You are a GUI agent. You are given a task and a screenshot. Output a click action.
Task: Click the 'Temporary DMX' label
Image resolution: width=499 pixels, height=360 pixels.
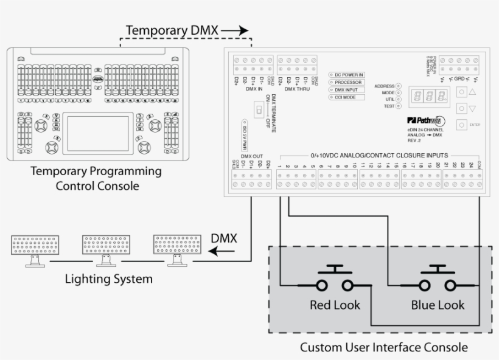172,30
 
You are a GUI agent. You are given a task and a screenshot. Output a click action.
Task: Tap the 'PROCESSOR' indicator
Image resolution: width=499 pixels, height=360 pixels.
347,82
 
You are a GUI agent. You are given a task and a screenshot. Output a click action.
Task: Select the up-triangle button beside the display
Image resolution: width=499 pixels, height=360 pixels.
472,91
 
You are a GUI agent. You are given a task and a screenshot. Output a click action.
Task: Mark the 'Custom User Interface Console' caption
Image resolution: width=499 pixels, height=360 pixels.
384,348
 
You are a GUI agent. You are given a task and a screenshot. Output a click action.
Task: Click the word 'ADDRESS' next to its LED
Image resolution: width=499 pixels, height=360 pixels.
385,86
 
